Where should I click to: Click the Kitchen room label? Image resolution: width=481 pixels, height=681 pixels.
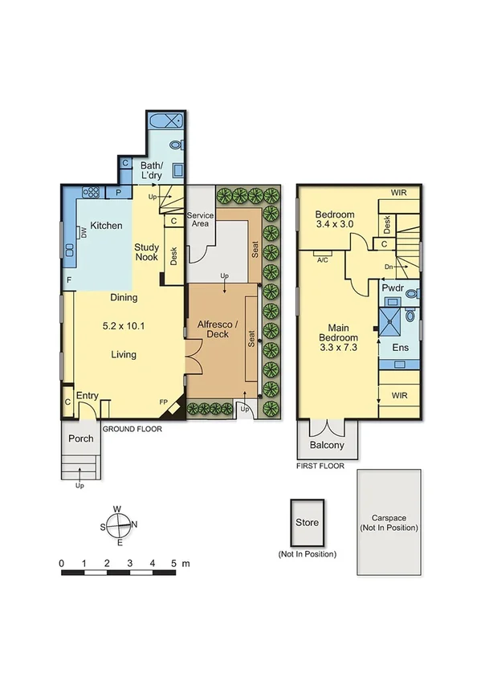(x=106, y=226)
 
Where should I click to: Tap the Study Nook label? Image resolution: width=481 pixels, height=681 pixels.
(x=146, y=253)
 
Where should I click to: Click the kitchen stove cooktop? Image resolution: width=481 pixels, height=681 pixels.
(x=90, y=192)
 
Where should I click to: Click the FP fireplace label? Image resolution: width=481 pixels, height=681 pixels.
(x=163, y=402)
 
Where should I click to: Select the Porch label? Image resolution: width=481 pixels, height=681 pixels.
(x=80, y=438)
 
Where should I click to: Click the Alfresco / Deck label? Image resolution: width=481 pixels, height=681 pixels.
(x=214, y=329)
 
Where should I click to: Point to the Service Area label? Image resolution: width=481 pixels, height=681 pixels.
(x=198, y=219)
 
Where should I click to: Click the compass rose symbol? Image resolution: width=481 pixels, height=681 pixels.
(x=119, y=525)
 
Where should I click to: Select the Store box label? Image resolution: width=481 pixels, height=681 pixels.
(x=308, y=523)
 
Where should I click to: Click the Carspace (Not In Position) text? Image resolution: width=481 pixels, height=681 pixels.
(x=389, y=523)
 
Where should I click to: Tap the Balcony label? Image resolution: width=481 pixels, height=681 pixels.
(x=327, y=445)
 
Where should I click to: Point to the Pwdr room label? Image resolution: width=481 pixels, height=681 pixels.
(x=393, y=287)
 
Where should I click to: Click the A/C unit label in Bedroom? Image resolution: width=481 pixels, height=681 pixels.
(x=323, y=260)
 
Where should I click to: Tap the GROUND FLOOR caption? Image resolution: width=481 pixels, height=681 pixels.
(x=132, y=429)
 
